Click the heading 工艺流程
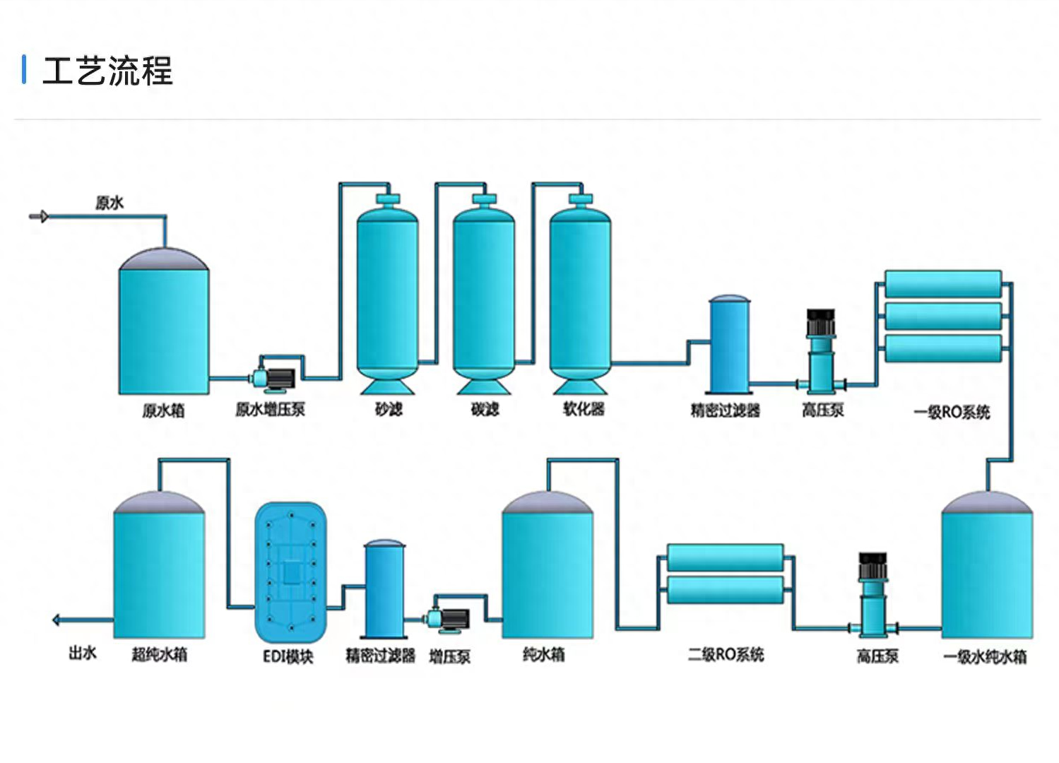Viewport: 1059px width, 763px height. point(107,71)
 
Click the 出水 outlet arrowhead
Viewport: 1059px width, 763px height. point(57,620)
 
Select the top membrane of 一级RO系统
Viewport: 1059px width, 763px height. point(943,284)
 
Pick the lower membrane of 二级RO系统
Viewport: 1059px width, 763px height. point(726,591)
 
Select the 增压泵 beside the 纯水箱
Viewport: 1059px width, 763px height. point(449,620)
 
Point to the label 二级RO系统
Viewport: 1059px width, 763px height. point(726,655)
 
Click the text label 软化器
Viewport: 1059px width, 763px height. point(584,409)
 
